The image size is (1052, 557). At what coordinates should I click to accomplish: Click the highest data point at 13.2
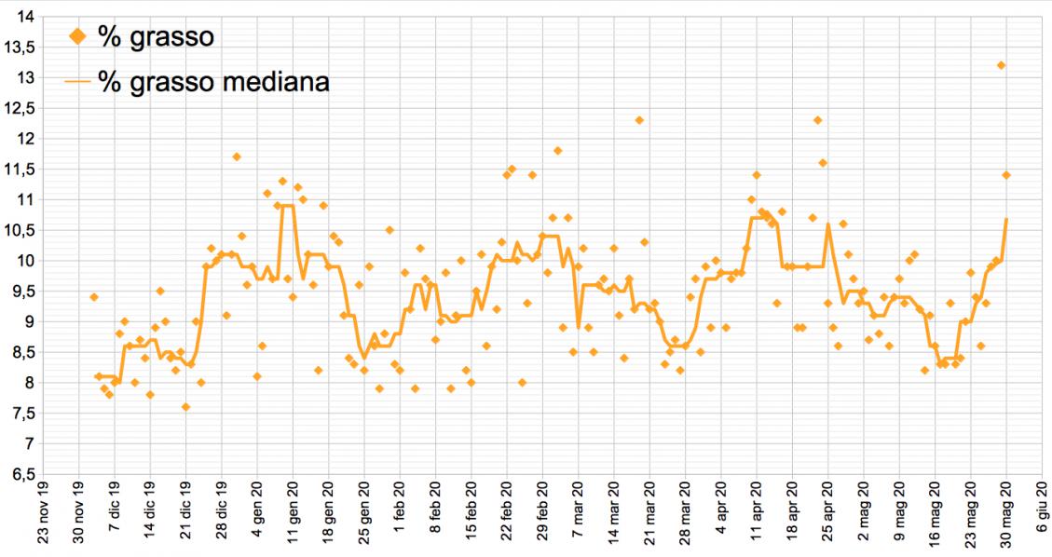coord(1001,65)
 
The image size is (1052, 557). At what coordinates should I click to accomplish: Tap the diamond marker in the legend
coord(78,37)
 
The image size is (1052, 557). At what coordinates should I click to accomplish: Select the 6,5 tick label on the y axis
coord(21,475)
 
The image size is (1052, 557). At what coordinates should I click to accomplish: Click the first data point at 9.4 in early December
coord(93,297)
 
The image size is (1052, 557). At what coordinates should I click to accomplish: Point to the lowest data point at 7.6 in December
coord(186,407)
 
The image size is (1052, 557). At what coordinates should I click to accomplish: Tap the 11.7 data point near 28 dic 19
coord(237,156)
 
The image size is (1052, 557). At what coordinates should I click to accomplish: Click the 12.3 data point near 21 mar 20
coord(639,120)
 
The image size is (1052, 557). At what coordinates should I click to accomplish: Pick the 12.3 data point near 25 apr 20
coord(817,120)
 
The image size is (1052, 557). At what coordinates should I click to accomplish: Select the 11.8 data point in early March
coord(557,151)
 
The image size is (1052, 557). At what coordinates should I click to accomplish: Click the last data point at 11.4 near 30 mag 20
coord(1006,175)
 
